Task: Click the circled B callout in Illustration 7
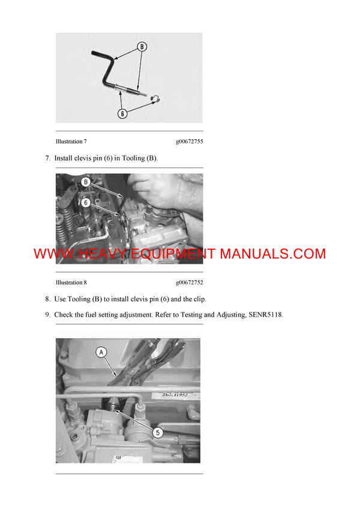142,46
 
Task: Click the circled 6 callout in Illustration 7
122,113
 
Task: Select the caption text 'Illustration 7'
71,142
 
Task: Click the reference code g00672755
189,142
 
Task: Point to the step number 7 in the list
47,158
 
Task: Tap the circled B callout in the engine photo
86,181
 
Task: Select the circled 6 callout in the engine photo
86,203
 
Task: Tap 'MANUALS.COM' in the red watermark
273,254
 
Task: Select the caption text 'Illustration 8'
71,282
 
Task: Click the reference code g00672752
189,282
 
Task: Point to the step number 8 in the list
47,299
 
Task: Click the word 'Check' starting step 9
64,314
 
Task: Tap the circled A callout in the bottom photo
101,353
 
